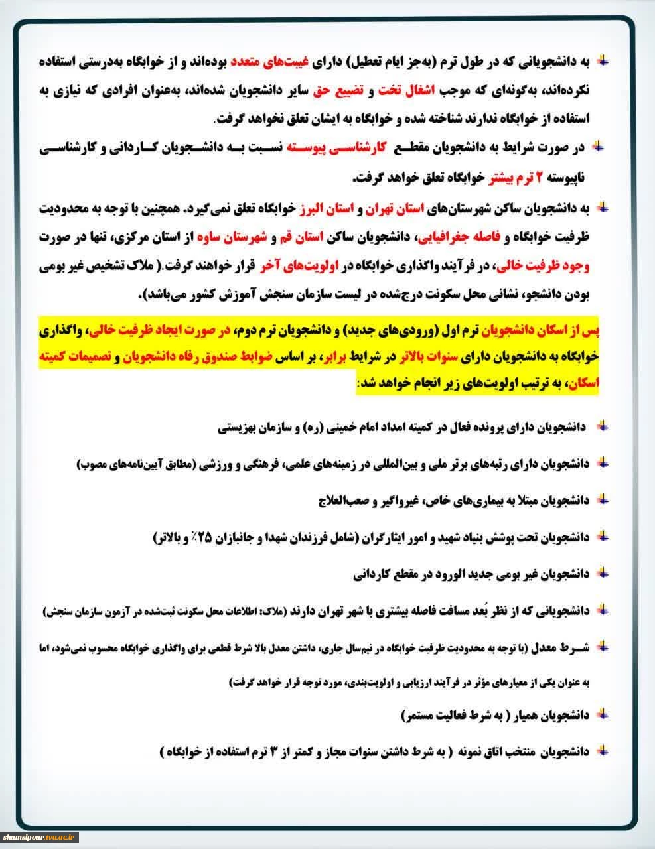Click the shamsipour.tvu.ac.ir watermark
point(40,837)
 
